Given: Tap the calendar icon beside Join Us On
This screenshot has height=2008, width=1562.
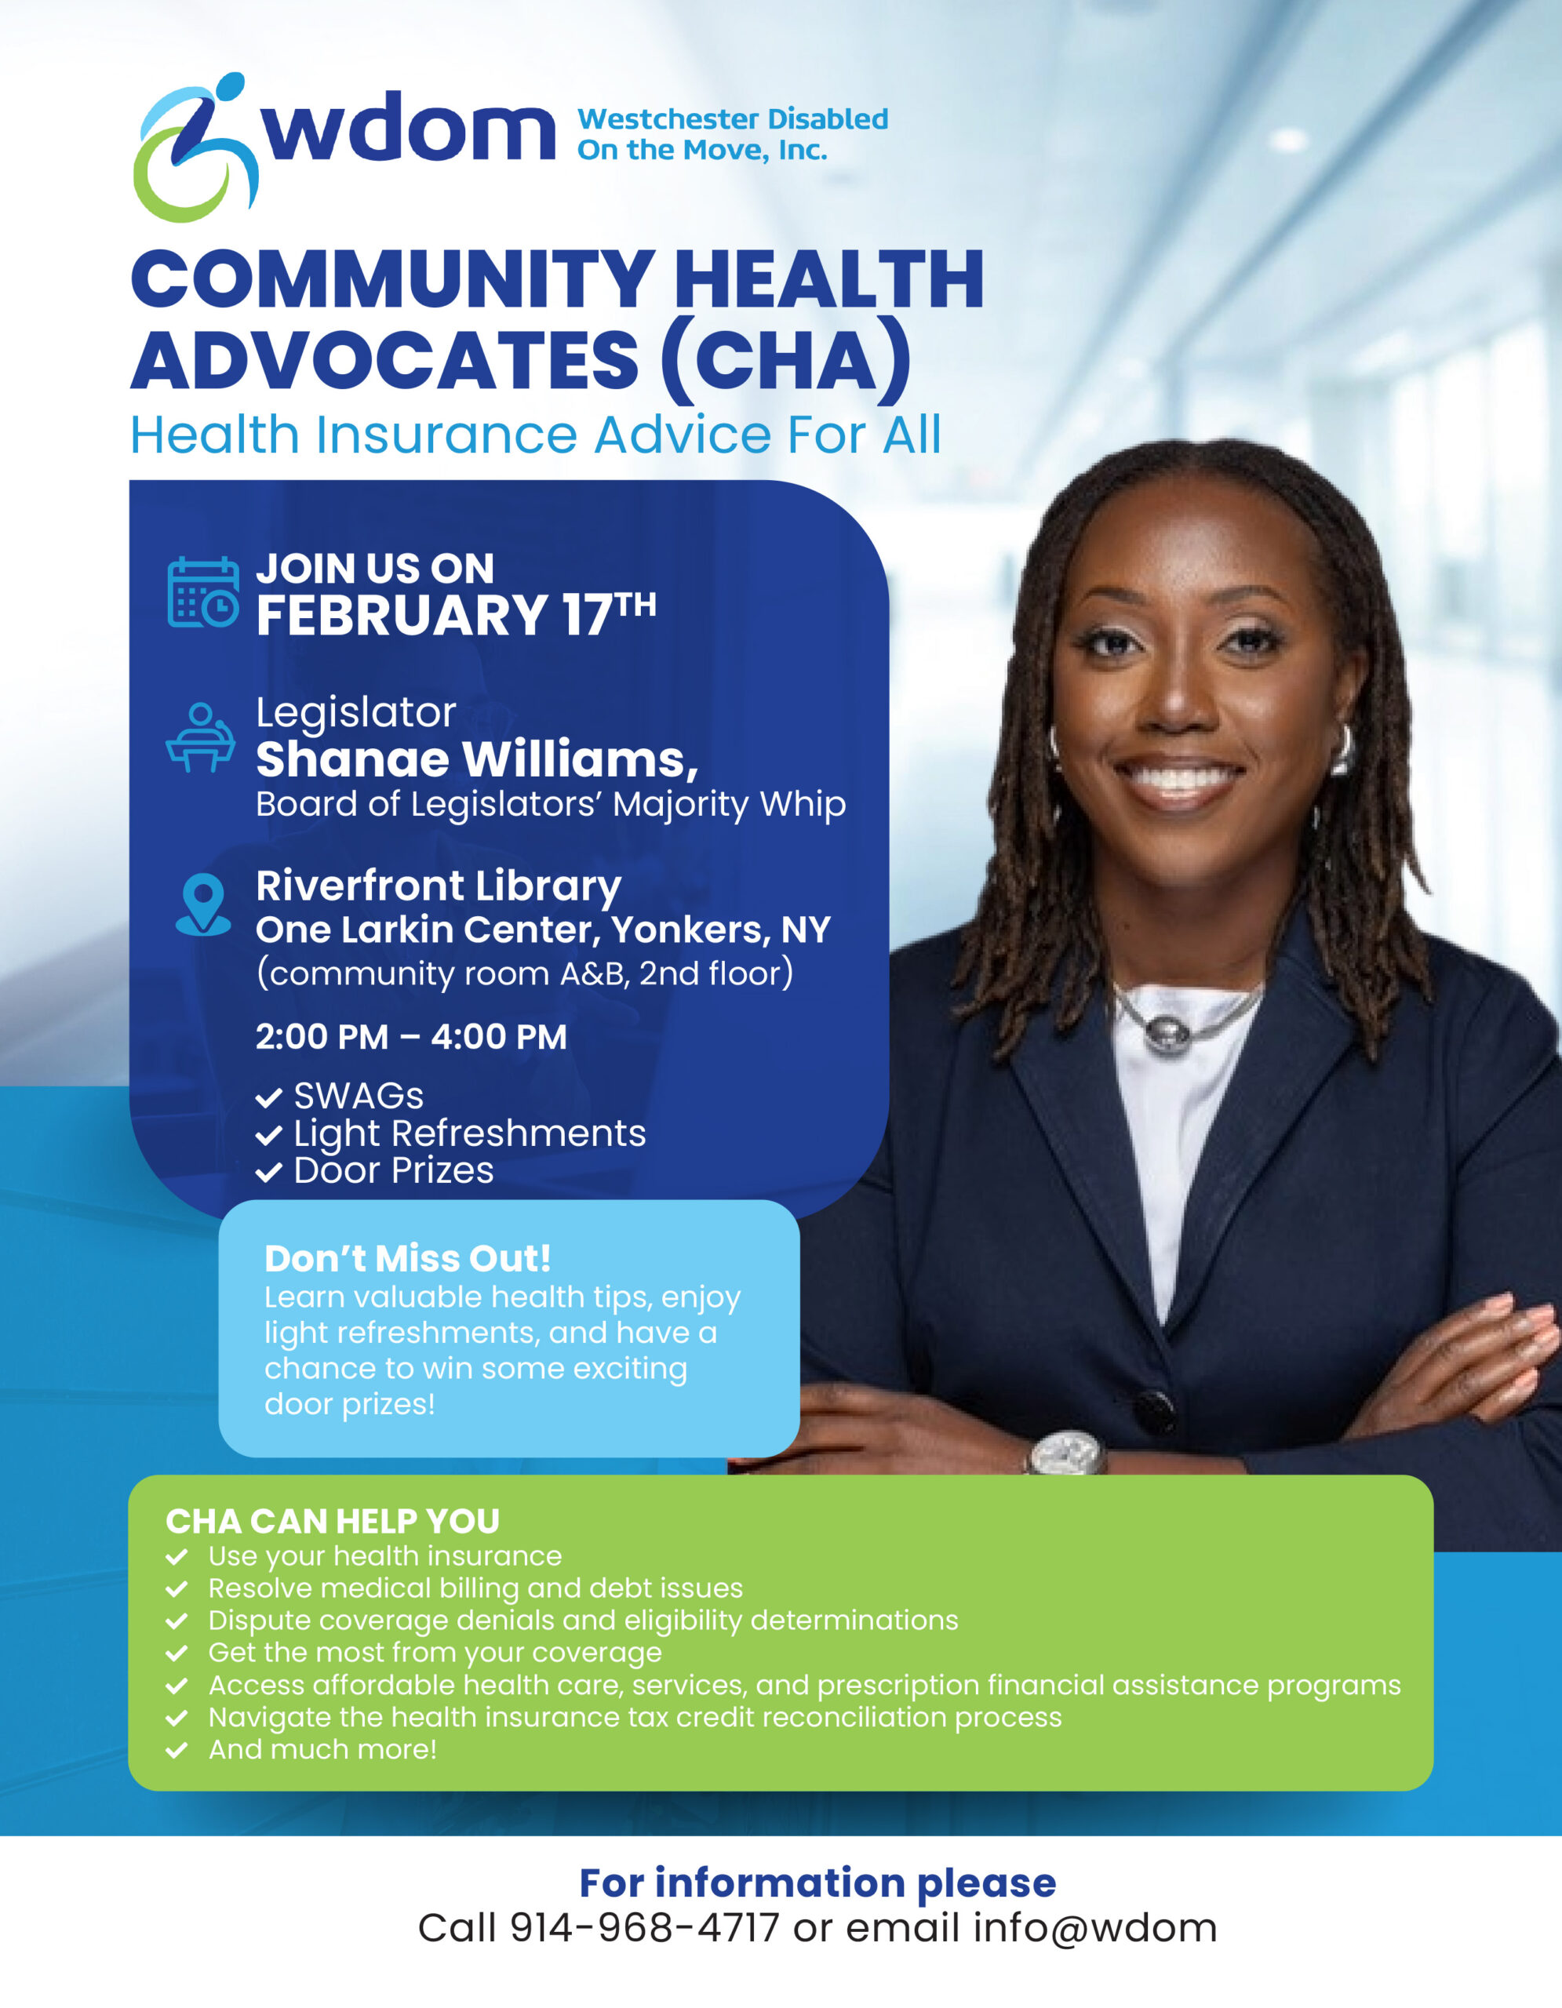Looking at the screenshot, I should point(203,593).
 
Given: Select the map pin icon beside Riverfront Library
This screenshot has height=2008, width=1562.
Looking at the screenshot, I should point(203,904).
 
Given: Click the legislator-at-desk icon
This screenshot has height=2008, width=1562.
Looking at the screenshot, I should point(200,737).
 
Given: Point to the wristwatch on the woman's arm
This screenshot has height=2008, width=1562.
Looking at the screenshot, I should point(1065,1453).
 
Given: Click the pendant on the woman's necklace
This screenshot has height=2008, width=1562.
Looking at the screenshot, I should point(1166,1032).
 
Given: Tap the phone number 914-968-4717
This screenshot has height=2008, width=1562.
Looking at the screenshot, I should point(644,1928).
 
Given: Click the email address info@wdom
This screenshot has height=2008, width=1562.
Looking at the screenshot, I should point(1095,1928).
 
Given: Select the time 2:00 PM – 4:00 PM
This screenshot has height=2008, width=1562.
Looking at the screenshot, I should point(411,1037).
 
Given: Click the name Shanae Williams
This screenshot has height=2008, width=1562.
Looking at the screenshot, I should point(476,759).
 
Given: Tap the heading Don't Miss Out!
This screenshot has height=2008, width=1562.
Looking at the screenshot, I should point(407,1258).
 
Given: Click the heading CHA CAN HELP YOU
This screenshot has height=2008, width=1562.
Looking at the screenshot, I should point(333,1522).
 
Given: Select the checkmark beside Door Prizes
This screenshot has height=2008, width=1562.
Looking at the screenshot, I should point(268,1173).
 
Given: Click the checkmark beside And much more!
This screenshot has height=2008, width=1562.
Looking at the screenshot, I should point(177,1750).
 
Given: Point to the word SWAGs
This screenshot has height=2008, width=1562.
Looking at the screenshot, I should point(359,1096).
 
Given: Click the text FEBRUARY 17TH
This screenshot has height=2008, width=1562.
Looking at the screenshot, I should point(455,614).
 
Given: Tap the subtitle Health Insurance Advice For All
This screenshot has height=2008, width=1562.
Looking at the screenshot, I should point(536,435).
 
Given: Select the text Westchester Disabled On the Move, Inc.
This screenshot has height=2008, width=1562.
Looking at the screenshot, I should point(732,134).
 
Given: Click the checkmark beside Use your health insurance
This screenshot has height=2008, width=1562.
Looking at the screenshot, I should point(177,1556).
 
